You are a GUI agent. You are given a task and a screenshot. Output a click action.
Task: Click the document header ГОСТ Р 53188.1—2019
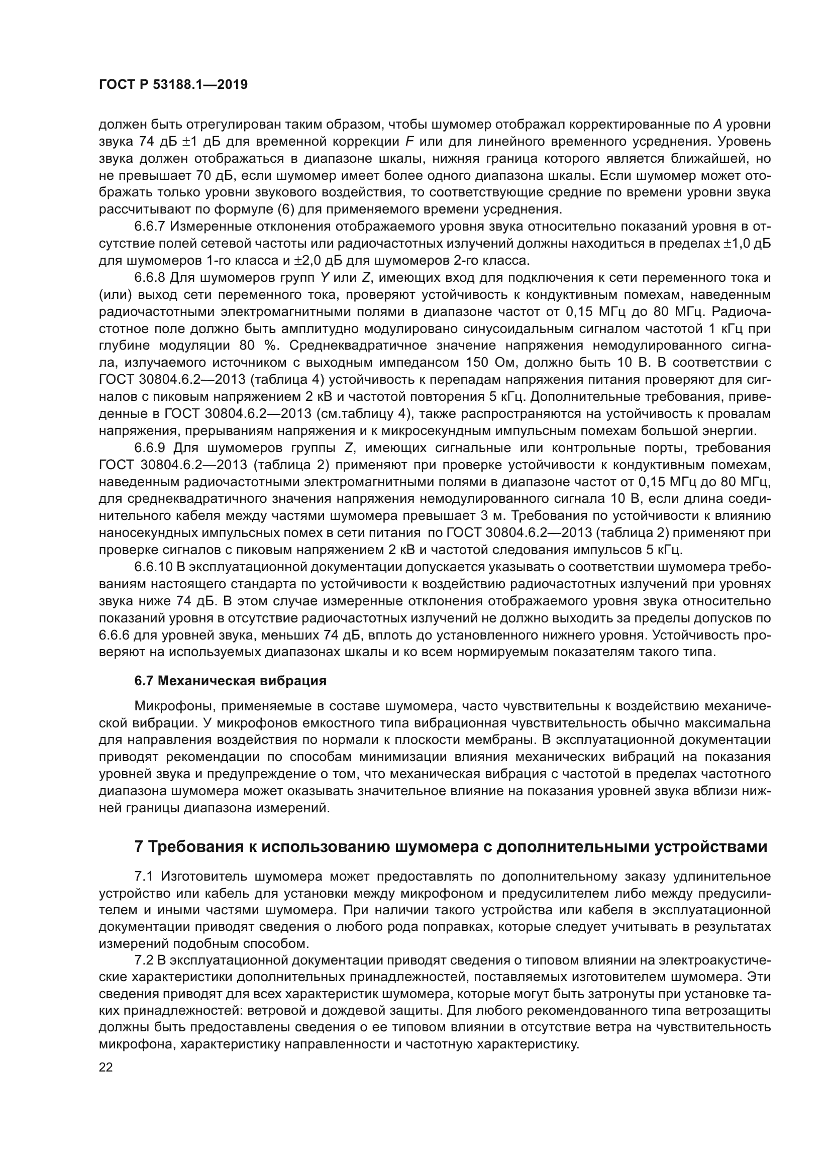pos(173,85)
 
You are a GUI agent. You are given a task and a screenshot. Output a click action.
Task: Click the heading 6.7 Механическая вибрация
pos(230,681)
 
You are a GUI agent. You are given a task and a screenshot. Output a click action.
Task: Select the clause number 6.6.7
pos(149,227)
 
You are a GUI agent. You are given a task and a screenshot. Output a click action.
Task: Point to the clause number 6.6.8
pos(149,278)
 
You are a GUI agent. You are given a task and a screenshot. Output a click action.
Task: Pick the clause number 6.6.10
pos(153,568)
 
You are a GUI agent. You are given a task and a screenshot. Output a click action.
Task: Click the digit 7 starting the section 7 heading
pos(139,846)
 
